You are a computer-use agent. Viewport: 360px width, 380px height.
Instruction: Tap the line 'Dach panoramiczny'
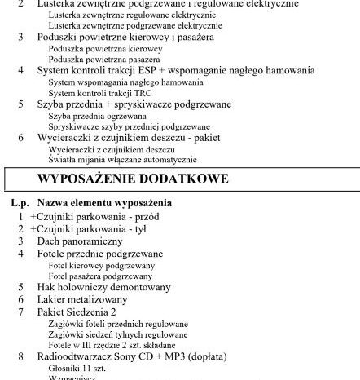pyautogui.click(x=79, y=241)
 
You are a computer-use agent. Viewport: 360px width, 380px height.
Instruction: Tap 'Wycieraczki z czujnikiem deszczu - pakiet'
pyautogui.click(x=129, y=138)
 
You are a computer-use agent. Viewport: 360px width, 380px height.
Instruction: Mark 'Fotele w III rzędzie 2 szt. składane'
pyautogui.click(x=112, y=345)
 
